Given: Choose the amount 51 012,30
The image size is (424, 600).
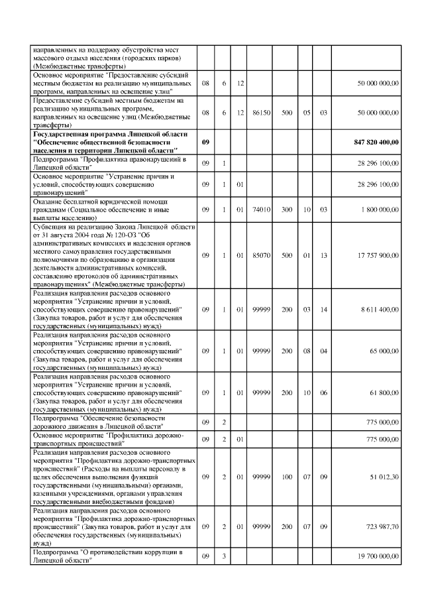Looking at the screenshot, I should pos(384,476).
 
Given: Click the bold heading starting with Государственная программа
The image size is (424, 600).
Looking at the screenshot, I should pos(105,143).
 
